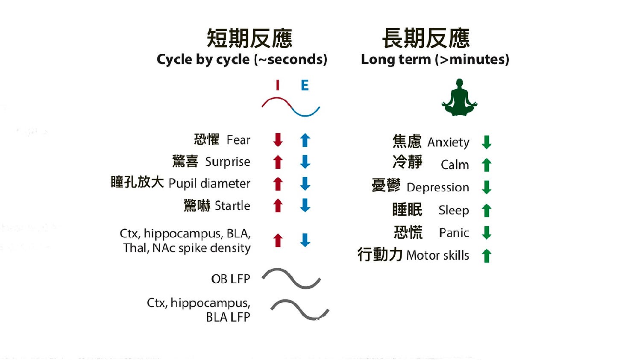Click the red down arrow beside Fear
pos(278,140)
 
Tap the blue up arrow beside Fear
pos(305,140)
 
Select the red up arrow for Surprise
pos(278,162)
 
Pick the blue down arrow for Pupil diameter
pos(305,184)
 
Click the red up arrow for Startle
pos(278,205)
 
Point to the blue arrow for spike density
pos(305,240)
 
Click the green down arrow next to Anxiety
pos(486,142)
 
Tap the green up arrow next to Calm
pos(486,165)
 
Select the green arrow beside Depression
pos(486,187)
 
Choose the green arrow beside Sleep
pos(486,210)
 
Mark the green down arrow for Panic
pos(486,233)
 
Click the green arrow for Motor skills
pos(486,255)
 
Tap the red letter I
pos(278,85)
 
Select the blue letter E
pos(305,85)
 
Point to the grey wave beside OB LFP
pos(291,278)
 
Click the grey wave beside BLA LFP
pos(300,310)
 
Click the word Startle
pos(232,205)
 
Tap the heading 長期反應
pos(426,38)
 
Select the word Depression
pos(437,187)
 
